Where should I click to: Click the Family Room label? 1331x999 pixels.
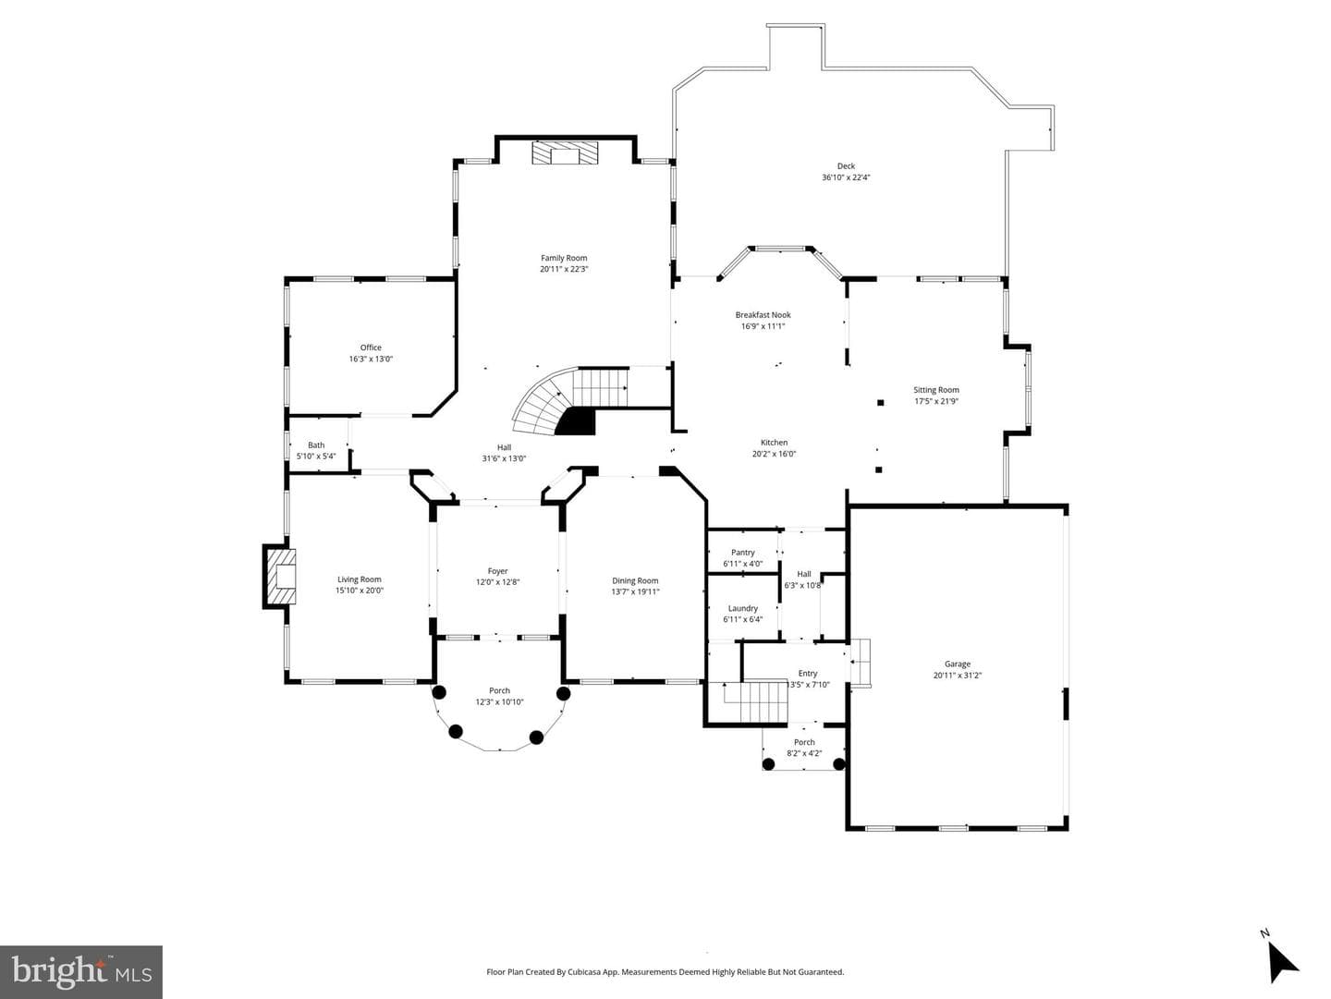[563, 258]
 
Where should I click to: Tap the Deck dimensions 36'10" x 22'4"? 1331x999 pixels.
[846, 177]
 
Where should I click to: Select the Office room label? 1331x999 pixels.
[371, 348]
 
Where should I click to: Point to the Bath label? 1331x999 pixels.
[316, 445]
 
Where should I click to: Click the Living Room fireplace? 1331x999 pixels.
[280, 576]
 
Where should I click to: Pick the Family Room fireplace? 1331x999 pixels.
[565, 152]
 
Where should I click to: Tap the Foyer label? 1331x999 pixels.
[498, 571]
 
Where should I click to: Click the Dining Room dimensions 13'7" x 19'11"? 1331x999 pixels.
[635, 591]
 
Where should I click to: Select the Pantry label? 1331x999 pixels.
[743, 553]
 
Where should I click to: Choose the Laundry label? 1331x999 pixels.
[743, 608]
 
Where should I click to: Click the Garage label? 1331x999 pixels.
[958, 664]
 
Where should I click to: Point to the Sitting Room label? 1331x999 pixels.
[936, 390]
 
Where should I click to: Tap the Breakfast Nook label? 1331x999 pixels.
[763, 314]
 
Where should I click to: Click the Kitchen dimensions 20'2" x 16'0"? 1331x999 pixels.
[774, 454]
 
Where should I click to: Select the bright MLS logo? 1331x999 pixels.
[81, 971]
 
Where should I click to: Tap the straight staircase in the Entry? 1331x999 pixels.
[755, 701]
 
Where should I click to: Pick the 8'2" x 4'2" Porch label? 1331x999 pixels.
[804, 753]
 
